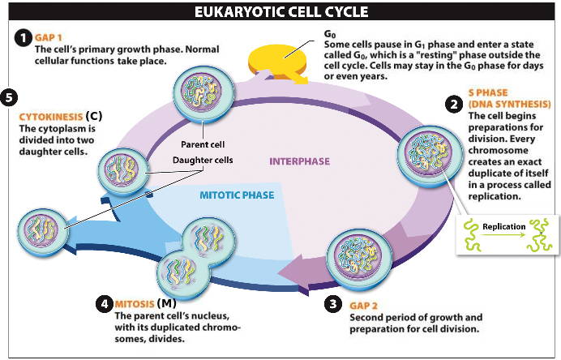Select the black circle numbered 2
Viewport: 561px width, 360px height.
453,104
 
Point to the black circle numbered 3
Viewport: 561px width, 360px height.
332,304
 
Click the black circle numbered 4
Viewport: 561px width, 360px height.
104,304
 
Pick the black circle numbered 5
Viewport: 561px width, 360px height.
9,97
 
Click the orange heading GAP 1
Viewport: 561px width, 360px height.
49,37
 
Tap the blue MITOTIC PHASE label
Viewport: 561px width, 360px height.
237,195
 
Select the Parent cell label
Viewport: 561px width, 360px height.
203,144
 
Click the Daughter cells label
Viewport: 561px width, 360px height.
203,160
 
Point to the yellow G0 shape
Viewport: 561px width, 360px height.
280,58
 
